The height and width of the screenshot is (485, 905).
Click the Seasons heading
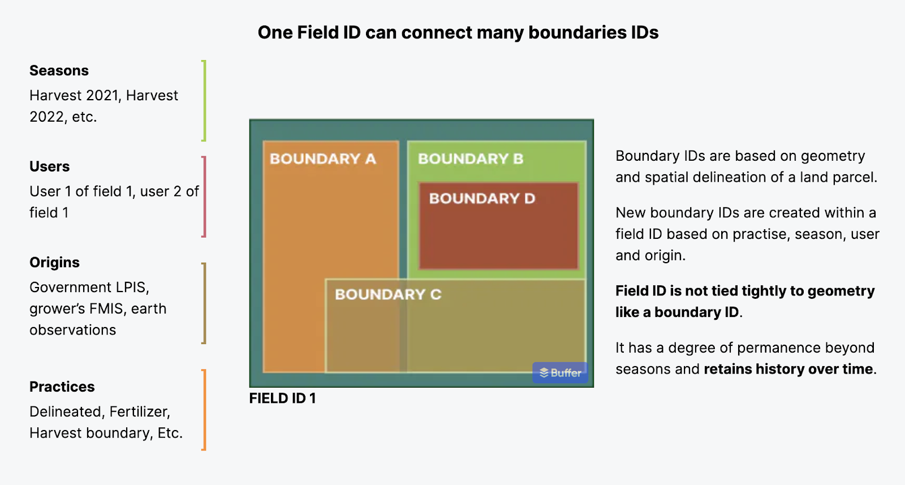pos(59,71)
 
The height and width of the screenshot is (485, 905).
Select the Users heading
pos(49,166)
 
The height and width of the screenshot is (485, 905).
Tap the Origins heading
pos(54,263)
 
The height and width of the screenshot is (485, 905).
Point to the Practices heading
pos(62,387)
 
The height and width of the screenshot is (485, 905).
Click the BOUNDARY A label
pos(323,159)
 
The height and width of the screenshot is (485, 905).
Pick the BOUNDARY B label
pos(471,159)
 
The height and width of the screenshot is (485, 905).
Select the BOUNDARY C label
pos(388,295)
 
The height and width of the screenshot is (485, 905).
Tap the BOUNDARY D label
pos(482,199)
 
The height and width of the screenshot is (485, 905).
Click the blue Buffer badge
pos(560,372)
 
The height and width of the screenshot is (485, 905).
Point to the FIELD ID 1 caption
pos(282,398)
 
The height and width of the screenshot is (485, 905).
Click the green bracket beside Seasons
pos(204,101)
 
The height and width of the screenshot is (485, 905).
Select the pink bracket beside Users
pos(204,197)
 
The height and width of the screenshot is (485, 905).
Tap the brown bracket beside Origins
pos(204,303)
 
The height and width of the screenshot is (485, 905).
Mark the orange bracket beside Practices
pos(204,410)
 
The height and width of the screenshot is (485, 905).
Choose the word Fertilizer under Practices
pos(140,412)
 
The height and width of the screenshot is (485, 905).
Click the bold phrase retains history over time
pos(788,370)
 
